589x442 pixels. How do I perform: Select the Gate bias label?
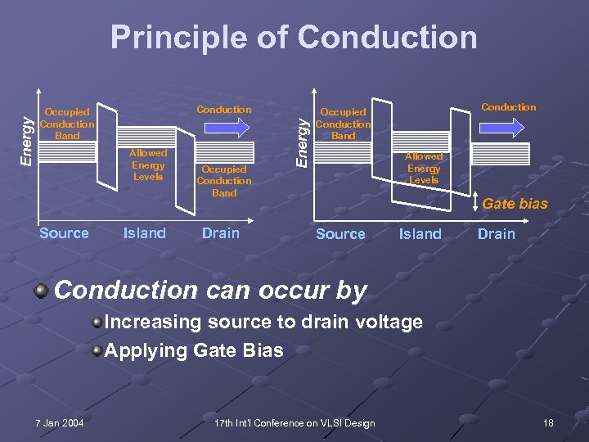[x=515, y=204]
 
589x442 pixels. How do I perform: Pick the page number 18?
[x=547, y=422]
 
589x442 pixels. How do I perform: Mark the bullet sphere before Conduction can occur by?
[x=41, y=291]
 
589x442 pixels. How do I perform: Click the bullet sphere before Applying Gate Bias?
[x=97, y=351]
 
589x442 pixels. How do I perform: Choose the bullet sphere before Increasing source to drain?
[x=97, y=322]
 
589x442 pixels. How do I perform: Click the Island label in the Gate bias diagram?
[x=420, y=234]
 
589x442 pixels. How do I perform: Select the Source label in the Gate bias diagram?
[x=340, y=234]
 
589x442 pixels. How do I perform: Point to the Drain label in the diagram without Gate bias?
[x=221, y=233]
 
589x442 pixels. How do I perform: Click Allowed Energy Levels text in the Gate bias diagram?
[x=423, y=168]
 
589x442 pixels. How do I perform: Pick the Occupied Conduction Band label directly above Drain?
[x=223, y=181]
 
